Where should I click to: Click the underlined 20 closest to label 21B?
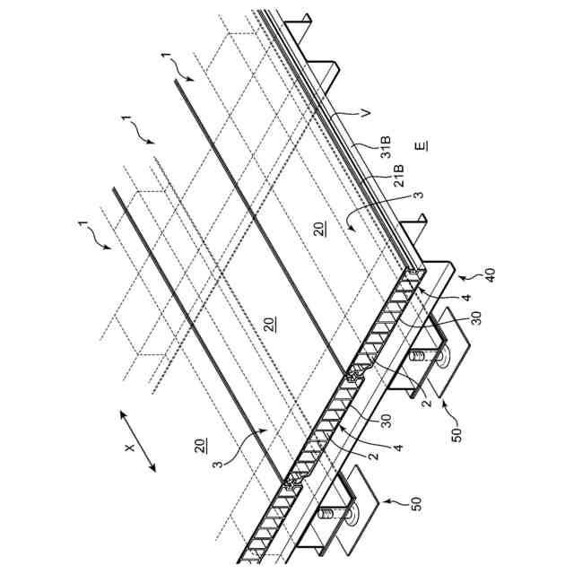coord(320,230)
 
